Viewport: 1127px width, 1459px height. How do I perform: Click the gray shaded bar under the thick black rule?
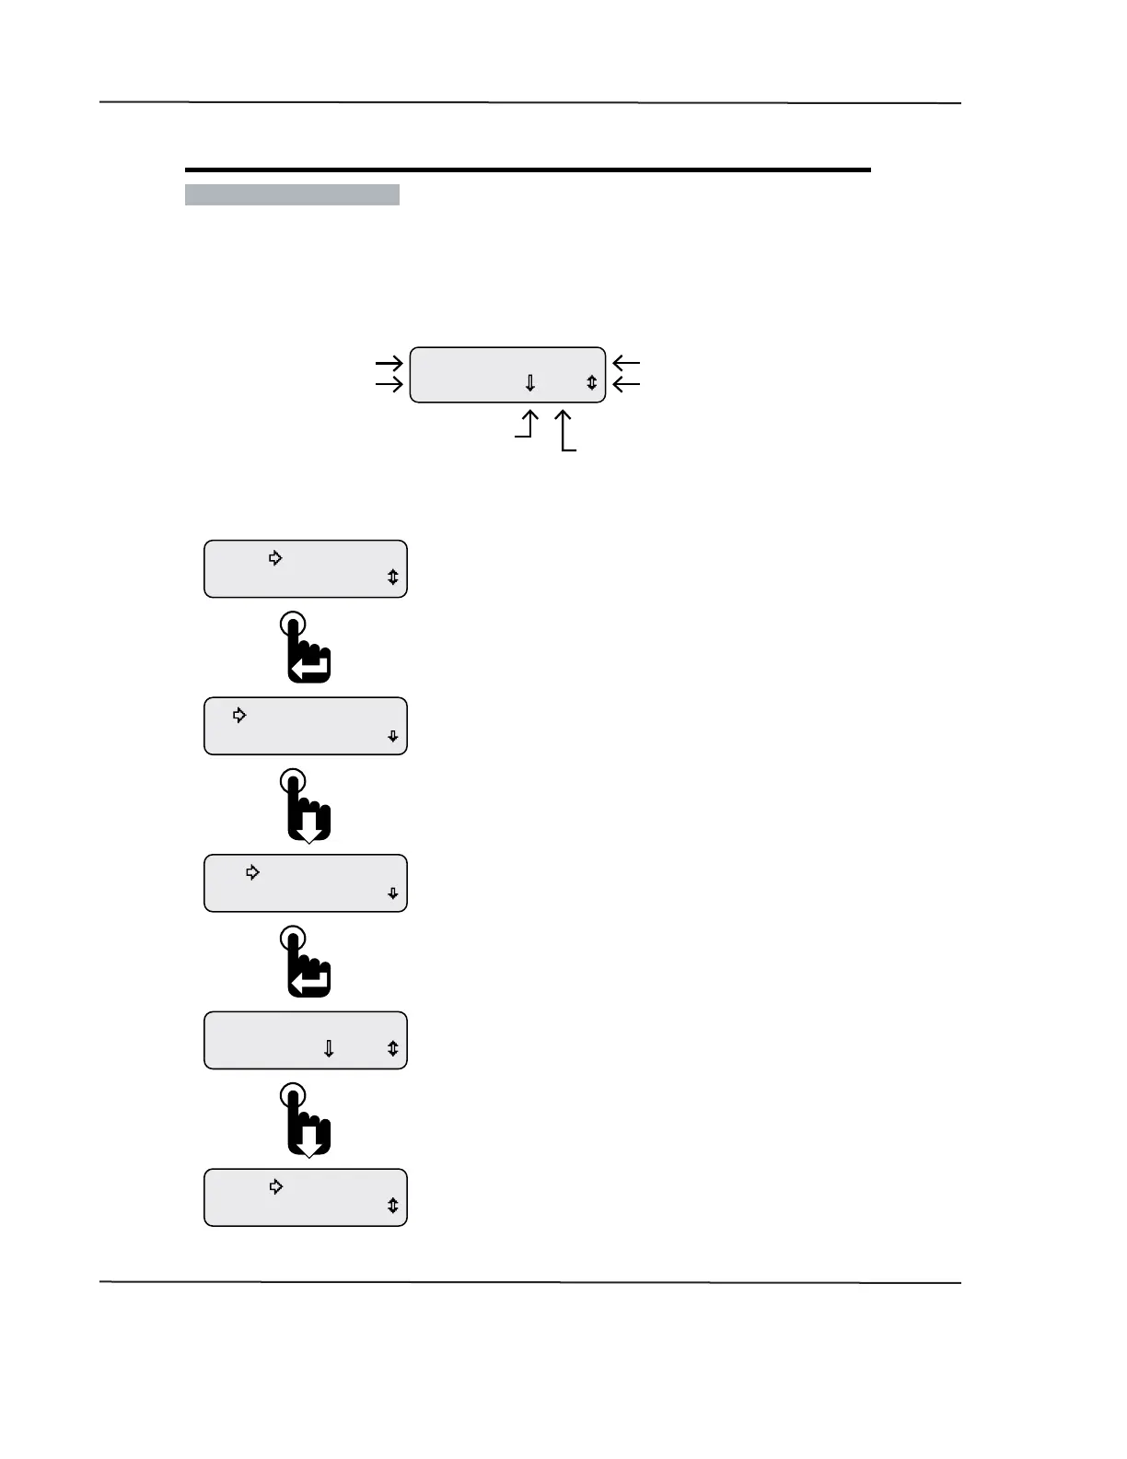(x=292, y=194)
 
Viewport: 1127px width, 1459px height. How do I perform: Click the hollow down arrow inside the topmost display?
(x=530, y=382)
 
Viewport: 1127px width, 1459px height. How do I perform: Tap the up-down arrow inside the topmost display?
(x=591, y=382)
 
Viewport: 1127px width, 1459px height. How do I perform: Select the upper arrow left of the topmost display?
(x=389, y=363)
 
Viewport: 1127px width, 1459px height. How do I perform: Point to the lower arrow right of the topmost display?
(x=626, y=383)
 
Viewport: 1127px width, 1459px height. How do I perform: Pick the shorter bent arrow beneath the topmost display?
(x=527, y=426)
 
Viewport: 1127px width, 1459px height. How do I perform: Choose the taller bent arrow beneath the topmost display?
(x=564, y=431)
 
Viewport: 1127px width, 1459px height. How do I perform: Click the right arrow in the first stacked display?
(x=275, y=557)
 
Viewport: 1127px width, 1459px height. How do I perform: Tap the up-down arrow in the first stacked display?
(x=393, y=578)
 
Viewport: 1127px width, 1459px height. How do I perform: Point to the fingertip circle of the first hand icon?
(x=292, y=623)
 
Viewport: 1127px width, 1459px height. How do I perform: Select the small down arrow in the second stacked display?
(x=393, y=736)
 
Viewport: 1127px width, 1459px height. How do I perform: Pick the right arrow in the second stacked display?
(x=239, y=715)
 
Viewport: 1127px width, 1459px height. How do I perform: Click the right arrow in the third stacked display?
(x=253, y=872)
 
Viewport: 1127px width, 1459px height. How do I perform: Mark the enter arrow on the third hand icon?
(x=310, y=982)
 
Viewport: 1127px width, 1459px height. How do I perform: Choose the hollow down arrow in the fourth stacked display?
(x=329, y=1048)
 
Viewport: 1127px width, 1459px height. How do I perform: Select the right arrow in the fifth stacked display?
(x=275, y=1186)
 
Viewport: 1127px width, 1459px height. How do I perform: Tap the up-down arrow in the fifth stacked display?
(x=393, y=1206)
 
